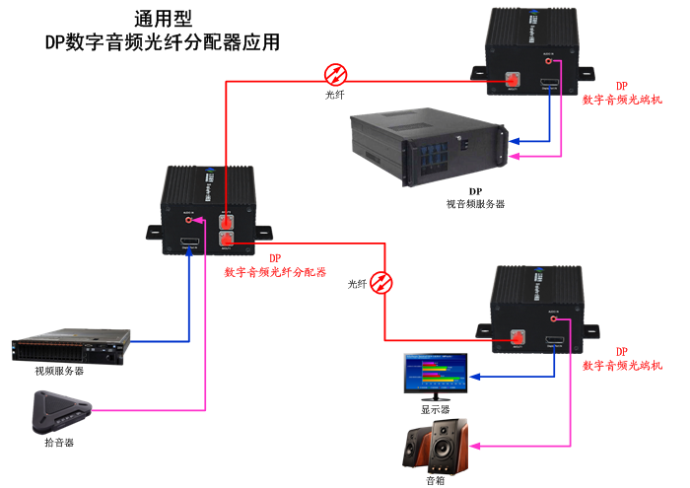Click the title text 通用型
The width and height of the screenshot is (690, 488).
(x=163, y=20)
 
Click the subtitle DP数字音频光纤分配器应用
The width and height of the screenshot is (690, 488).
(x=163, y=42)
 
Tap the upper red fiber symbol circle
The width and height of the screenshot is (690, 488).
(x=336, y=74)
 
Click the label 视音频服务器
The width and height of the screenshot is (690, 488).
(x=475, y=204)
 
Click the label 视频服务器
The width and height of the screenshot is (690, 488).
(x=59, y=372)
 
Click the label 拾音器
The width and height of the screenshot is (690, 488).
(x=59, y=443)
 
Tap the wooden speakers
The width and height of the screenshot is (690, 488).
(x=435, y=445)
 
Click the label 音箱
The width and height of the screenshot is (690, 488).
(x=435, y=480)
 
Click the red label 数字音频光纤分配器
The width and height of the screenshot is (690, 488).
(x=276, y=271)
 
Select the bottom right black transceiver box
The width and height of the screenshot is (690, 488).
(x=538, y=305)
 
